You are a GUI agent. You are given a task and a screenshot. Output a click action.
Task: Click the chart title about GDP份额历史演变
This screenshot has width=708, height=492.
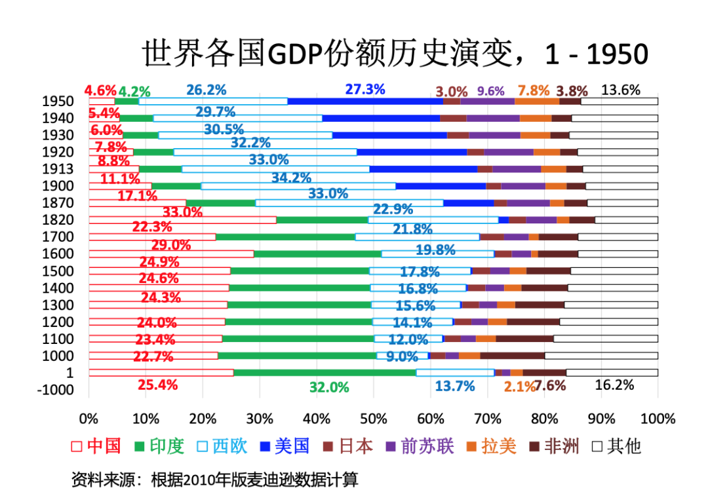(x=395, y=54)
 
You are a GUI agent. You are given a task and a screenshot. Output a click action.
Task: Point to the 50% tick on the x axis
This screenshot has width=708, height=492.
(x=373, y=419)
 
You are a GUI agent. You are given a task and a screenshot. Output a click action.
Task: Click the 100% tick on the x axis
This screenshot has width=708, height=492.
(x=657, y=419)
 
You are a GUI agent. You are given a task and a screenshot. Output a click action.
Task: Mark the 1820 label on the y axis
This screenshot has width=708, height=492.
(x=58, y=219)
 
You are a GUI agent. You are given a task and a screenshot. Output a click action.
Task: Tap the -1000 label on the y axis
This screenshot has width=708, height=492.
(x=55, y=390)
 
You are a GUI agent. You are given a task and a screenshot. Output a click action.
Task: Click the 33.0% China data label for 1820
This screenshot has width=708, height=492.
(x=182, y=212)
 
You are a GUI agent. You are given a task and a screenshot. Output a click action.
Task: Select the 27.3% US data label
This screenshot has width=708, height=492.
(x=365, y=89)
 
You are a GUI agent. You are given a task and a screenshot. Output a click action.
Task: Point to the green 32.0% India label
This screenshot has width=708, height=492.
(x=329, y=387)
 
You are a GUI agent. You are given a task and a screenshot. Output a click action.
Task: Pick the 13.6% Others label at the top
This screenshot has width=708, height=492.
(x=620, y=90)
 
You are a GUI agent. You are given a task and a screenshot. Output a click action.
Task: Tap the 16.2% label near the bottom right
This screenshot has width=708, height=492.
(x=614, y=385)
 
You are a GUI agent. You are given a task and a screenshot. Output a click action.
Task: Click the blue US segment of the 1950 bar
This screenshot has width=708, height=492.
(x=365, y=101)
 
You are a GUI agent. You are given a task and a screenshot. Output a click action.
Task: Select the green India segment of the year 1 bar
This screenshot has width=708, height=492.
(x=324, y=373)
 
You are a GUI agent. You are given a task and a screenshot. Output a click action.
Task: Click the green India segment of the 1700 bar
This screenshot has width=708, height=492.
(x=285, y=237)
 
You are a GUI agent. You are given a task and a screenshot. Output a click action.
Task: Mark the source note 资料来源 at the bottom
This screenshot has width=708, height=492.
(x=215, y=479)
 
